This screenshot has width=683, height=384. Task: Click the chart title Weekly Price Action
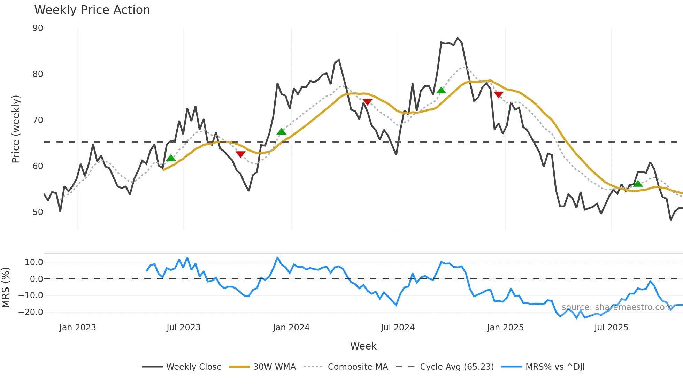click(92, 10)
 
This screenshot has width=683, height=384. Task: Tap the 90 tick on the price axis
click(38, 28)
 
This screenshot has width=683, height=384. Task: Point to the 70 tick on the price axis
click(38, 120)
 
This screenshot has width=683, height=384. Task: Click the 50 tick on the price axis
click(38, 212)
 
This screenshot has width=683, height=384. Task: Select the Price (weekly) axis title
click(16, 129)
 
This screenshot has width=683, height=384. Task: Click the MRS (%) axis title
click(6, 287)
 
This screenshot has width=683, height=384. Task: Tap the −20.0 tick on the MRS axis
click(31, 312)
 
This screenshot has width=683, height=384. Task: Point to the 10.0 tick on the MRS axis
click(34, 262)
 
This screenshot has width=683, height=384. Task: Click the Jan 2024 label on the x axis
click(291, 328)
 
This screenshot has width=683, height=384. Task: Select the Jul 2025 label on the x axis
click(611, 328)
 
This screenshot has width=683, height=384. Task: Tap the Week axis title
click(363, 346)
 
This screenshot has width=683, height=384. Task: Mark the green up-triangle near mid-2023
click(171, 158)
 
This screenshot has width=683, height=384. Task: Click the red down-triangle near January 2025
click(499, 94)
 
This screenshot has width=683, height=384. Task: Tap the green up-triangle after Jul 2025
click(638, 184)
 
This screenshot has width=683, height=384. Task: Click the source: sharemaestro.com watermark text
click(617, 307)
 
